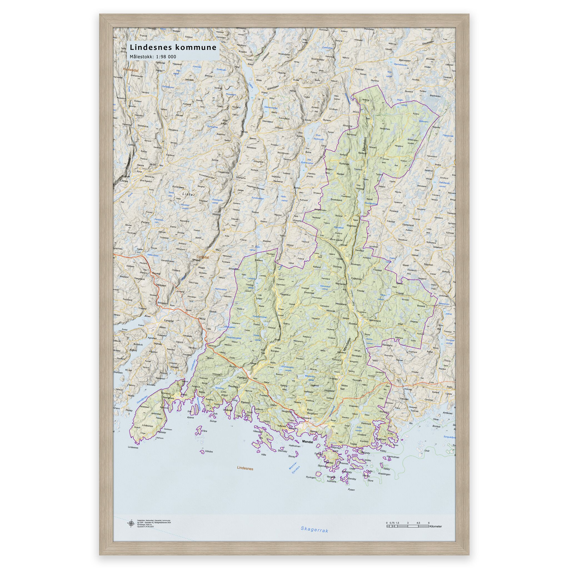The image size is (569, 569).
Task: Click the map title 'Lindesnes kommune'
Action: point(173,47)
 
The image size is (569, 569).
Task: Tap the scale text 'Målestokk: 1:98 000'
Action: point(153,57)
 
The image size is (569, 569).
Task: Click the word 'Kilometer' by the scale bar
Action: point(436,526)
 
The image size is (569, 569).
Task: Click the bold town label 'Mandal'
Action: point(308,442)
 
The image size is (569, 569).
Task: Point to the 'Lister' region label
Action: point(189,194)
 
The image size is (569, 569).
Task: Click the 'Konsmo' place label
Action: point(298,221)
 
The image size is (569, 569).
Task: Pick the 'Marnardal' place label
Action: point(340,284)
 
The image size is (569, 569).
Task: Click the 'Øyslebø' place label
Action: point(353,323)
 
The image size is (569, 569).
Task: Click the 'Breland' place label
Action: point(421,306)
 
